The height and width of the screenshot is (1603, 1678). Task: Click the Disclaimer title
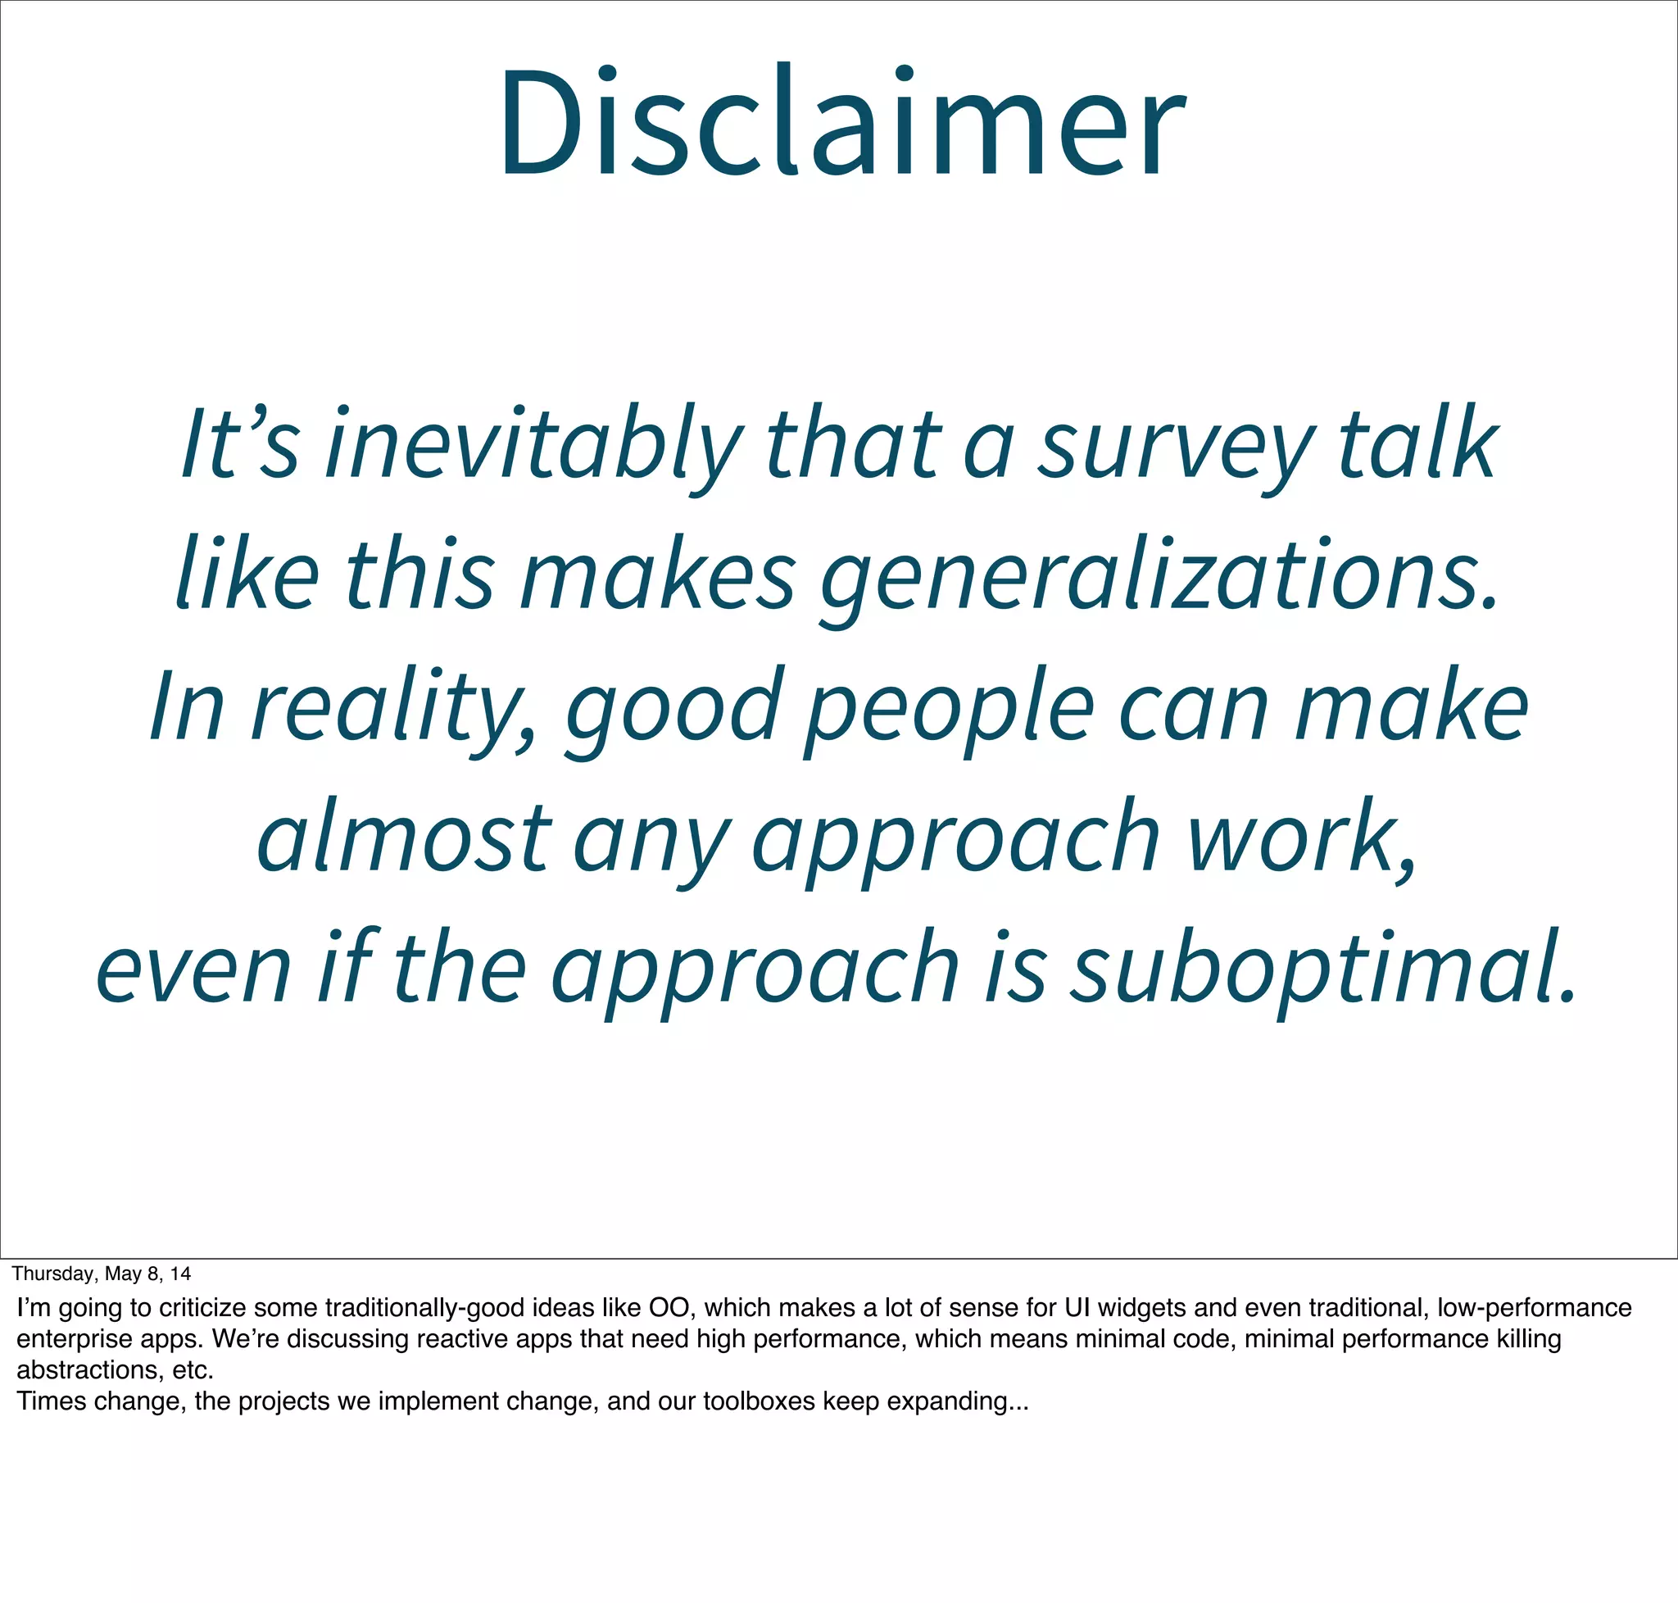[x=841, y=124]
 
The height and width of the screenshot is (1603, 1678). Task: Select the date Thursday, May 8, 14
[x=102, y=1274]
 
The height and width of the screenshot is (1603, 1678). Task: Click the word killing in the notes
[x=1529, y=1339]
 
